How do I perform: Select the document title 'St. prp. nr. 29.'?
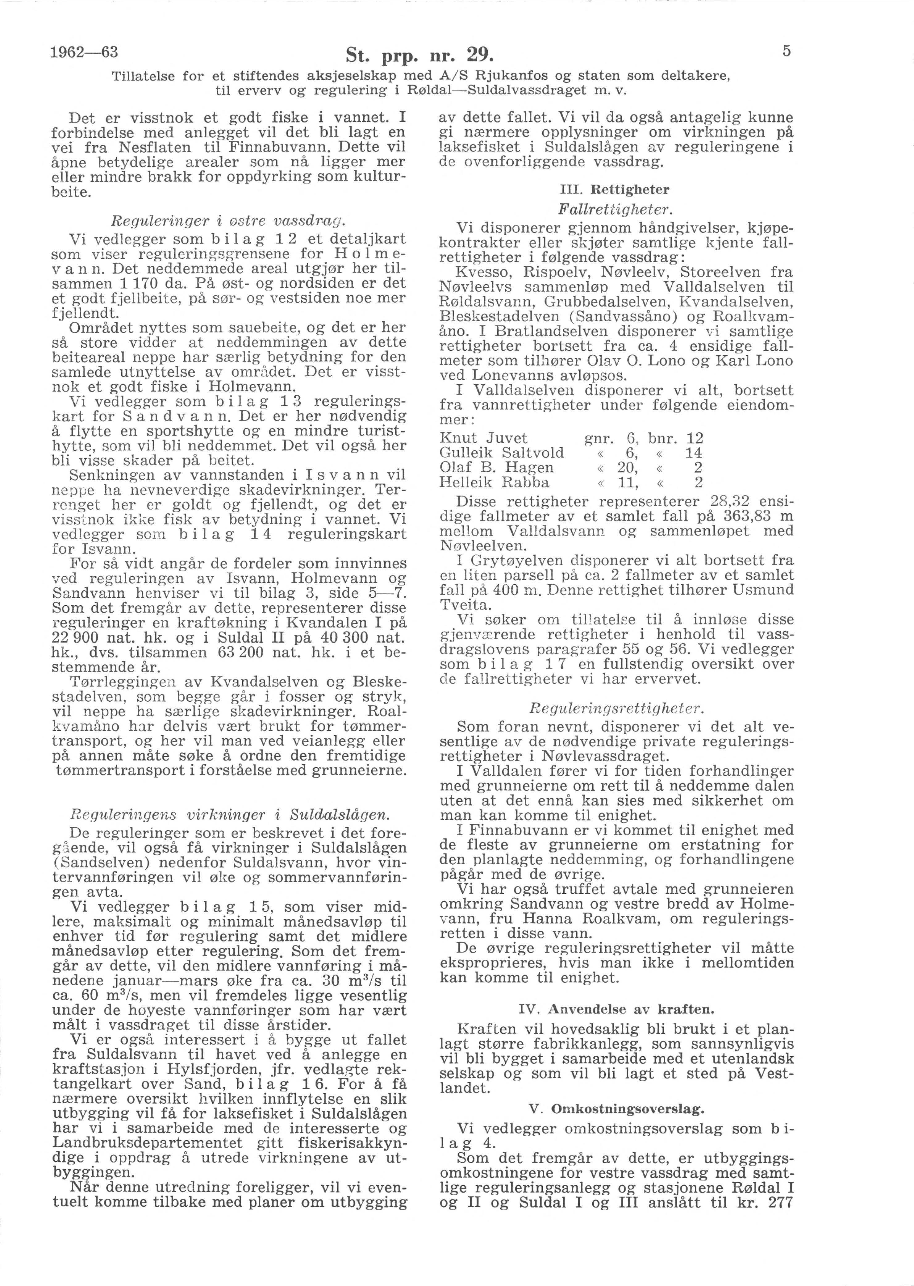click(x=420, y=56)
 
